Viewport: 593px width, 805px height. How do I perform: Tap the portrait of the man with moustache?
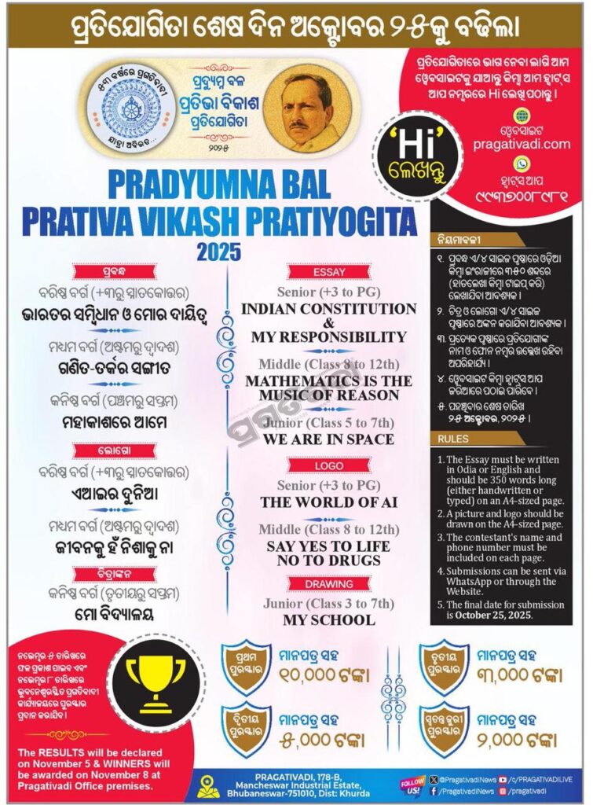[x=297, y=108]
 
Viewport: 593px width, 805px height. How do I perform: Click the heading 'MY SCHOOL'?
[x=328, y=619]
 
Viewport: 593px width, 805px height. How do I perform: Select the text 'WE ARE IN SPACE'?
[x=328, y=439]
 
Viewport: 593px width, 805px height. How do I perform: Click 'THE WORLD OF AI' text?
[x=328, y=502]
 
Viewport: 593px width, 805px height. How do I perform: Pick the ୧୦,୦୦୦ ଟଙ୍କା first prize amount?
[x=322, y=674]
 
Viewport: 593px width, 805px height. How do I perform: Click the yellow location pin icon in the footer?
[x=208, y=785]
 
